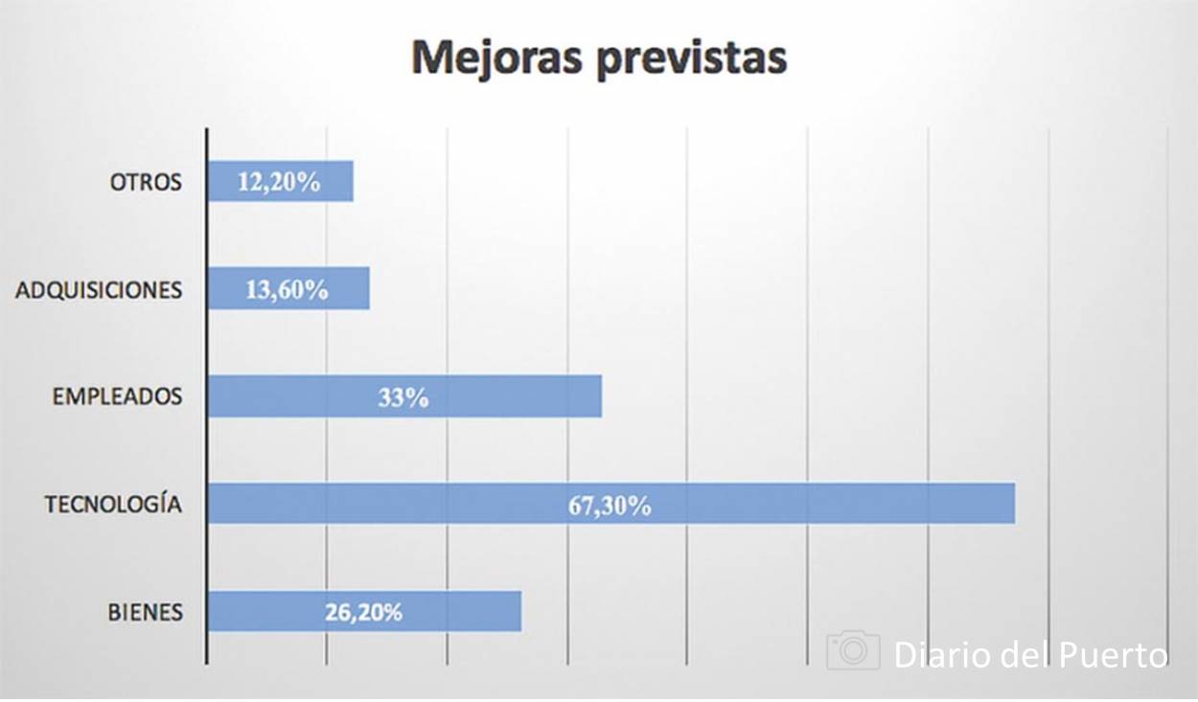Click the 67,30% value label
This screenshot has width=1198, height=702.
610,506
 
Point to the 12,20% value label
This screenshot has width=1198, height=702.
279,182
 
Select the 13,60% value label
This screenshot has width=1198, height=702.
287,289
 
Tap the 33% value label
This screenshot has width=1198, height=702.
403,397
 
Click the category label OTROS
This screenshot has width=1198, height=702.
146,182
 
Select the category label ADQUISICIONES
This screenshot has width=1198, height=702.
99,290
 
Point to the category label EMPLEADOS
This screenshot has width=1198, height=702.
117,396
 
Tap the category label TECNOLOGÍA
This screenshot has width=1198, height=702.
113,504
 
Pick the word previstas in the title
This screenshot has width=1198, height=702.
691,57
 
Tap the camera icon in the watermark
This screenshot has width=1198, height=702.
853,650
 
